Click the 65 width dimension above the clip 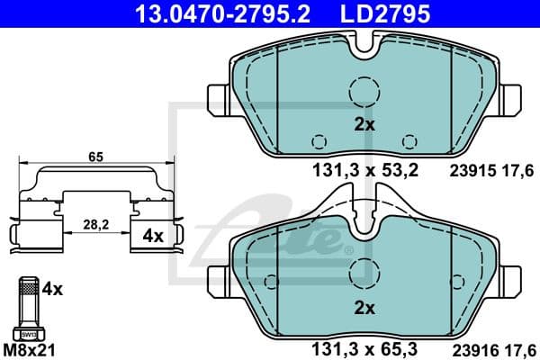95,157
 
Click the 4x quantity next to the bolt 53,290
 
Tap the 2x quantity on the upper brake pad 364,125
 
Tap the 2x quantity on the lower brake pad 364,307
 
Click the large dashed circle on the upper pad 364,91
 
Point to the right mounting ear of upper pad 508,97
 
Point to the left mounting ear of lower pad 219,277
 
